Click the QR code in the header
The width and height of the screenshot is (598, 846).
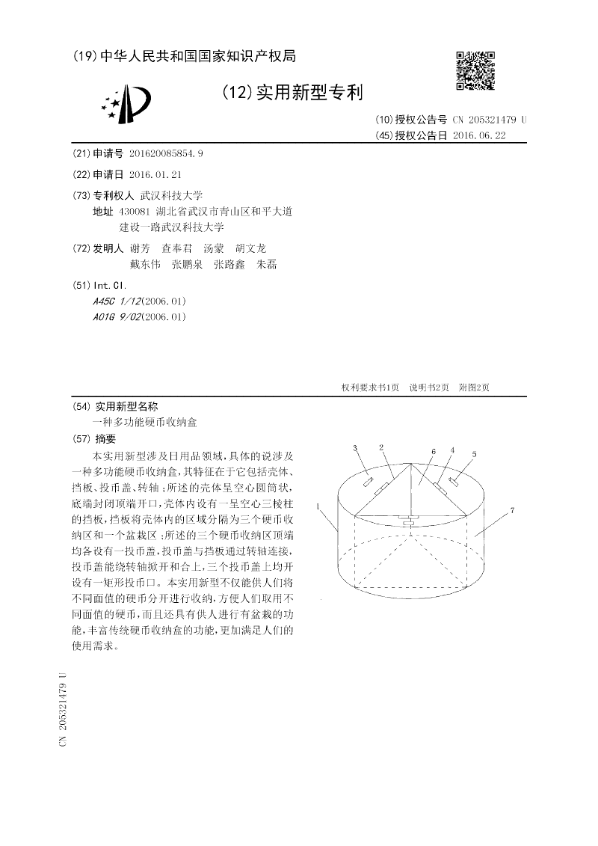(475, 70)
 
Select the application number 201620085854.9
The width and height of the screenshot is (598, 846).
(166, 153)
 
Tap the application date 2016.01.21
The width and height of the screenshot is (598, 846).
(155, 174)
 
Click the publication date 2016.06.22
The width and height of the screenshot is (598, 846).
(479, 135)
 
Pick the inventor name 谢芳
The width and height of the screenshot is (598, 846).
(140, 248)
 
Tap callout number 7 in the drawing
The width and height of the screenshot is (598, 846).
(512, 511)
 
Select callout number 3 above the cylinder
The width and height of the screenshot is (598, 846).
(355, 447)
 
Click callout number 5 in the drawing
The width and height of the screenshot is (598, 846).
(473, 454)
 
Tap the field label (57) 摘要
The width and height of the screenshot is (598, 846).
(95, 438)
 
